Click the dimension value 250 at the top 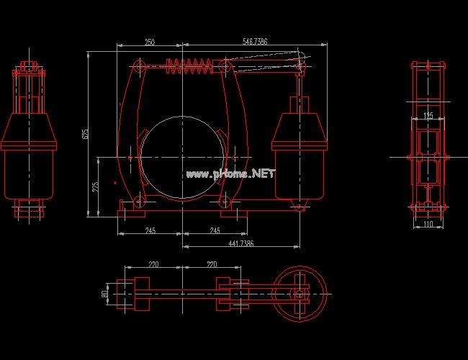[150, 42]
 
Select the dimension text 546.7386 [254, 42]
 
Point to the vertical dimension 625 [85, 134]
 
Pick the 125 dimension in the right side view [428, 115]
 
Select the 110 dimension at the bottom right [428, 225]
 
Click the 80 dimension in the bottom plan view [104, 294]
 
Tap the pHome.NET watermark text [230, 174]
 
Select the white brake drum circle [182, 154]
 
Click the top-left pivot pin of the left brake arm [140, 68]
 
